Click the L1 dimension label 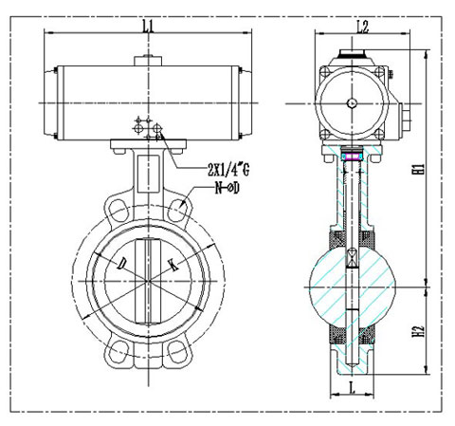pyautogui.click(x=148, y=27)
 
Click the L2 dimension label pyautogui.click(x=363, y=27)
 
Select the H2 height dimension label pyautogui.click(x=418, y=331)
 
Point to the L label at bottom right pyautogui.click(x=352, y=387)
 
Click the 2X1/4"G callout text pyautogui.click(x=228, y=170)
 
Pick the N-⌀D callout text pyautogui.click(x=227, y=188)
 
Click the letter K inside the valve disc pyautogui.click(x=173, y=265)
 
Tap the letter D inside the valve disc pyautogui.click(x=121, y=263)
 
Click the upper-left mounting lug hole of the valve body pyautogui.click(x=118, y=211)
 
